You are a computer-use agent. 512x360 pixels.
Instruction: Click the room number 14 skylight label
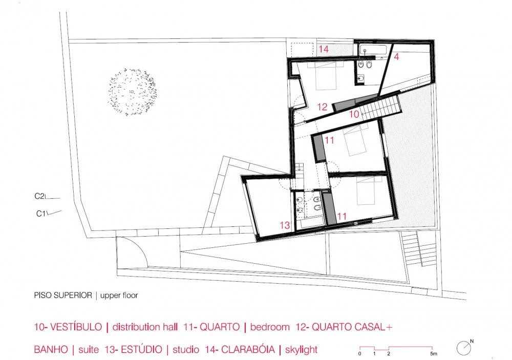point(324,49)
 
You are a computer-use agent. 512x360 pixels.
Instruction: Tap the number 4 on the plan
point(396,57)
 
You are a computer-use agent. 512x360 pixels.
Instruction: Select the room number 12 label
point(322,107)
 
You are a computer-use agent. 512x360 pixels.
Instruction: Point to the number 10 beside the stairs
point(354,114)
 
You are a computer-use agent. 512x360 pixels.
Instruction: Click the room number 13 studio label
point(285,225)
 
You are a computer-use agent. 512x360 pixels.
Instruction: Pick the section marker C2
point(39,196)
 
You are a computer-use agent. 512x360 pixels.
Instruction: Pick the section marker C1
point(41,214)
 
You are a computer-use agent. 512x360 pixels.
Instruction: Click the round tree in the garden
point(132,92)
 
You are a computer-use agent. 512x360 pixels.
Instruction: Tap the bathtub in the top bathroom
point(373,51)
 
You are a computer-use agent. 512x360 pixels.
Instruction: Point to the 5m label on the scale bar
point(433,354)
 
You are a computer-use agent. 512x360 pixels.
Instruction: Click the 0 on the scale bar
point(359,354)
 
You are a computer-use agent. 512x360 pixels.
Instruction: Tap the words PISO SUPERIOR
point(63,295)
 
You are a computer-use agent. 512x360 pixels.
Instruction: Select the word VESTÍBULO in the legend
point(75,327)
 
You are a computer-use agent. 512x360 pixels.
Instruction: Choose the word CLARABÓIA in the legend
point(248,350)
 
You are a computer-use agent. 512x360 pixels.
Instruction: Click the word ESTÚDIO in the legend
point(141,350)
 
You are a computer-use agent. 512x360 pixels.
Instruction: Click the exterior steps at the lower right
point(419,249)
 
